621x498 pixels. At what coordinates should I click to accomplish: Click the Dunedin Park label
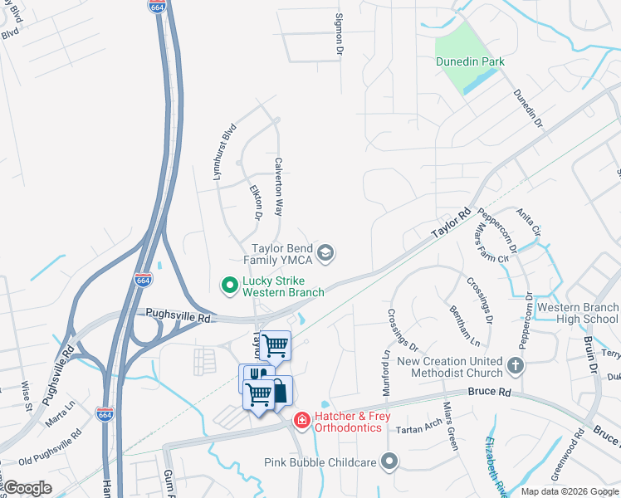click(470, 61)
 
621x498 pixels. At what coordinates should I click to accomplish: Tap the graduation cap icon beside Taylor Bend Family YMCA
click(326, 254)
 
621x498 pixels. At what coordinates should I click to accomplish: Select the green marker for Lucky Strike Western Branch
click(230, 286)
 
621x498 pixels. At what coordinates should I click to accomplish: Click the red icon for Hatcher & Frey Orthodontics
click(301, 421)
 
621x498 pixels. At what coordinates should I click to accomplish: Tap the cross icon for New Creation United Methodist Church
click(516, 365)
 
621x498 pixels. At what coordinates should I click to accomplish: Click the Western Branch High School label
click(577, 313)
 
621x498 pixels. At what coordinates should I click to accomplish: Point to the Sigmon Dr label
click(339, 34)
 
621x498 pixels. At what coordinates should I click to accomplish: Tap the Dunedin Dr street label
click(527, 109)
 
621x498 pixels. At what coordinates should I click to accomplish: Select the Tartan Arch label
click(419, 427)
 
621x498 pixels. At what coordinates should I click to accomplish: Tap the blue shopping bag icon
click(280, 390)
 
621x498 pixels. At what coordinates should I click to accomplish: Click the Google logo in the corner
click(28, 488)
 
